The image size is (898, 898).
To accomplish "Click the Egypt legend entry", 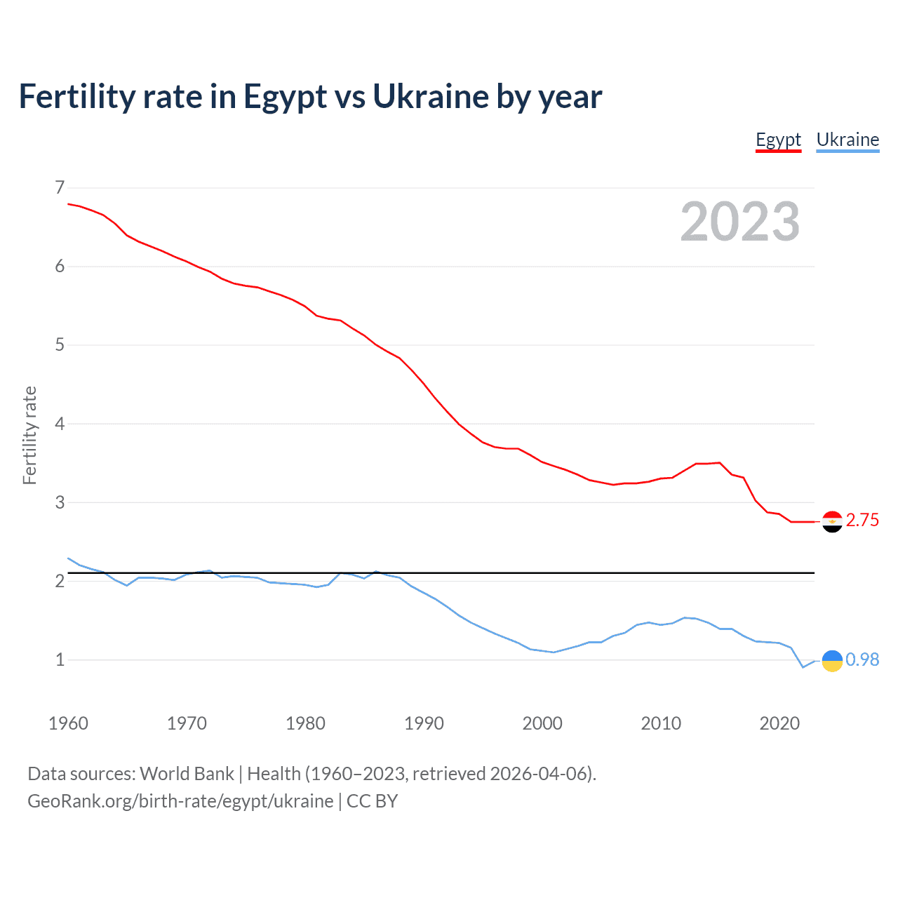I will click(x=778, y=140).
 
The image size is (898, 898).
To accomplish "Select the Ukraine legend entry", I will click(x=847, y=140).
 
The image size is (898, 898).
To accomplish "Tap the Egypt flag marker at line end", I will click(x=832, y=521).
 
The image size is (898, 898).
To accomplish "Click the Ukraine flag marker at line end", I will click(x=832, y=660).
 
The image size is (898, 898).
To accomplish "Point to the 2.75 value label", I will click(x=862, y=521).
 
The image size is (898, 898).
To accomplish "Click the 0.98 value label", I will click(x=862, y=660).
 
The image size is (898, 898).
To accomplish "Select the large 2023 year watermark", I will click(x=739, y=222).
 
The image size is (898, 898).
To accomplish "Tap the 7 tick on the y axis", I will click(x=60, y=187).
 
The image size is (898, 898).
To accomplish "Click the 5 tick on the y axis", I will click(x=60, y=345).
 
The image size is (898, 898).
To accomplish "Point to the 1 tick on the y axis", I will click(x=60, y=660).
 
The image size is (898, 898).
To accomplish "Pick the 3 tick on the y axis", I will click(x=60, y=502).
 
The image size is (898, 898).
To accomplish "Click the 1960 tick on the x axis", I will click(x=68, y=723).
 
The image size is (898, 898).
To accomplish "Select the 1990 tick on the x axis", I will click(x=424, y=723).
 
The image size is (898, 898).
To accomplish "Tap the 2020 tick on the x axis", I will click(x=779, y=723).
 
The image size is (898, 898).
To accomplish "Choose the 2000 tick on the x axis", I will click(x=542, y=723).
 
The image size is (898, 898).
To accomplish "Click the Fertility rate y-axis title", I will click(x=29, y=435).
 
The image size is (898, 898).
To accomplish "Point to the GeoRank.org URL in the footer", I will click(x=180, y=801).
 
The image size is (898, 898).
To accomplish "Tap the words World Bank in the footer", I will click(x=187, y=774).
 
